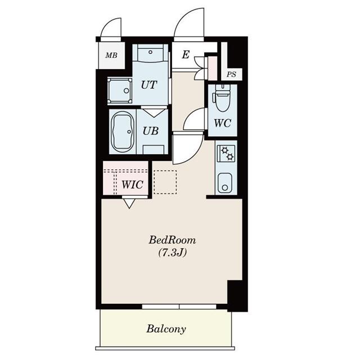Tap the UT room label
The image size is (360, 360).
coord(148,85)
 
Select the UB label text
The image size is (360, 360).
coord(150,130)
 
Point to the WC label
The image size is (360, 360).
coord(222,124)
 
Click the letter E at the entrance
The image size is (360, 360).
coord(185,55)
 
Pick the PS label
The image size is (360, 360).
coord(231,74)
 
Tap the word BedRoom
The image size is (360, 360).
coord(173,240)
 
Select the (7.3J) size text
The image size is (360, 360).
coord(173,253)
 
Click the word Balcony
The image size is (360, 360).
coord(166,328)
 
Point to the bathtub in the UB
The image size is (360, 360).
coord(121,132)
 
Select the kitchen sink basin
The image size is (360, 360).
coord(224,183)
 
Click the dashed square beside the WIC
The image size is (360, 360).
coord(165,182)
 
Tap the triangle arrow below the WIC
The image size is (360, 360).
coord(129,204)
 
